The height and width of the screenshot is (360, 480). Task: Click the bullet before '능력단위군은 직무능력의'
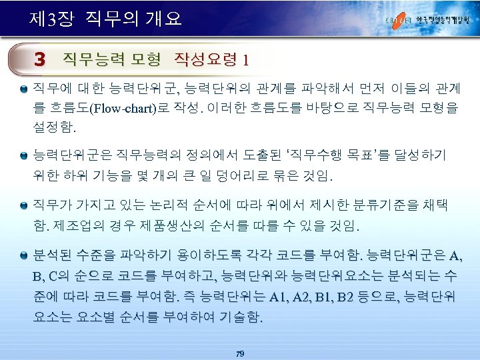(24, 154)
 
